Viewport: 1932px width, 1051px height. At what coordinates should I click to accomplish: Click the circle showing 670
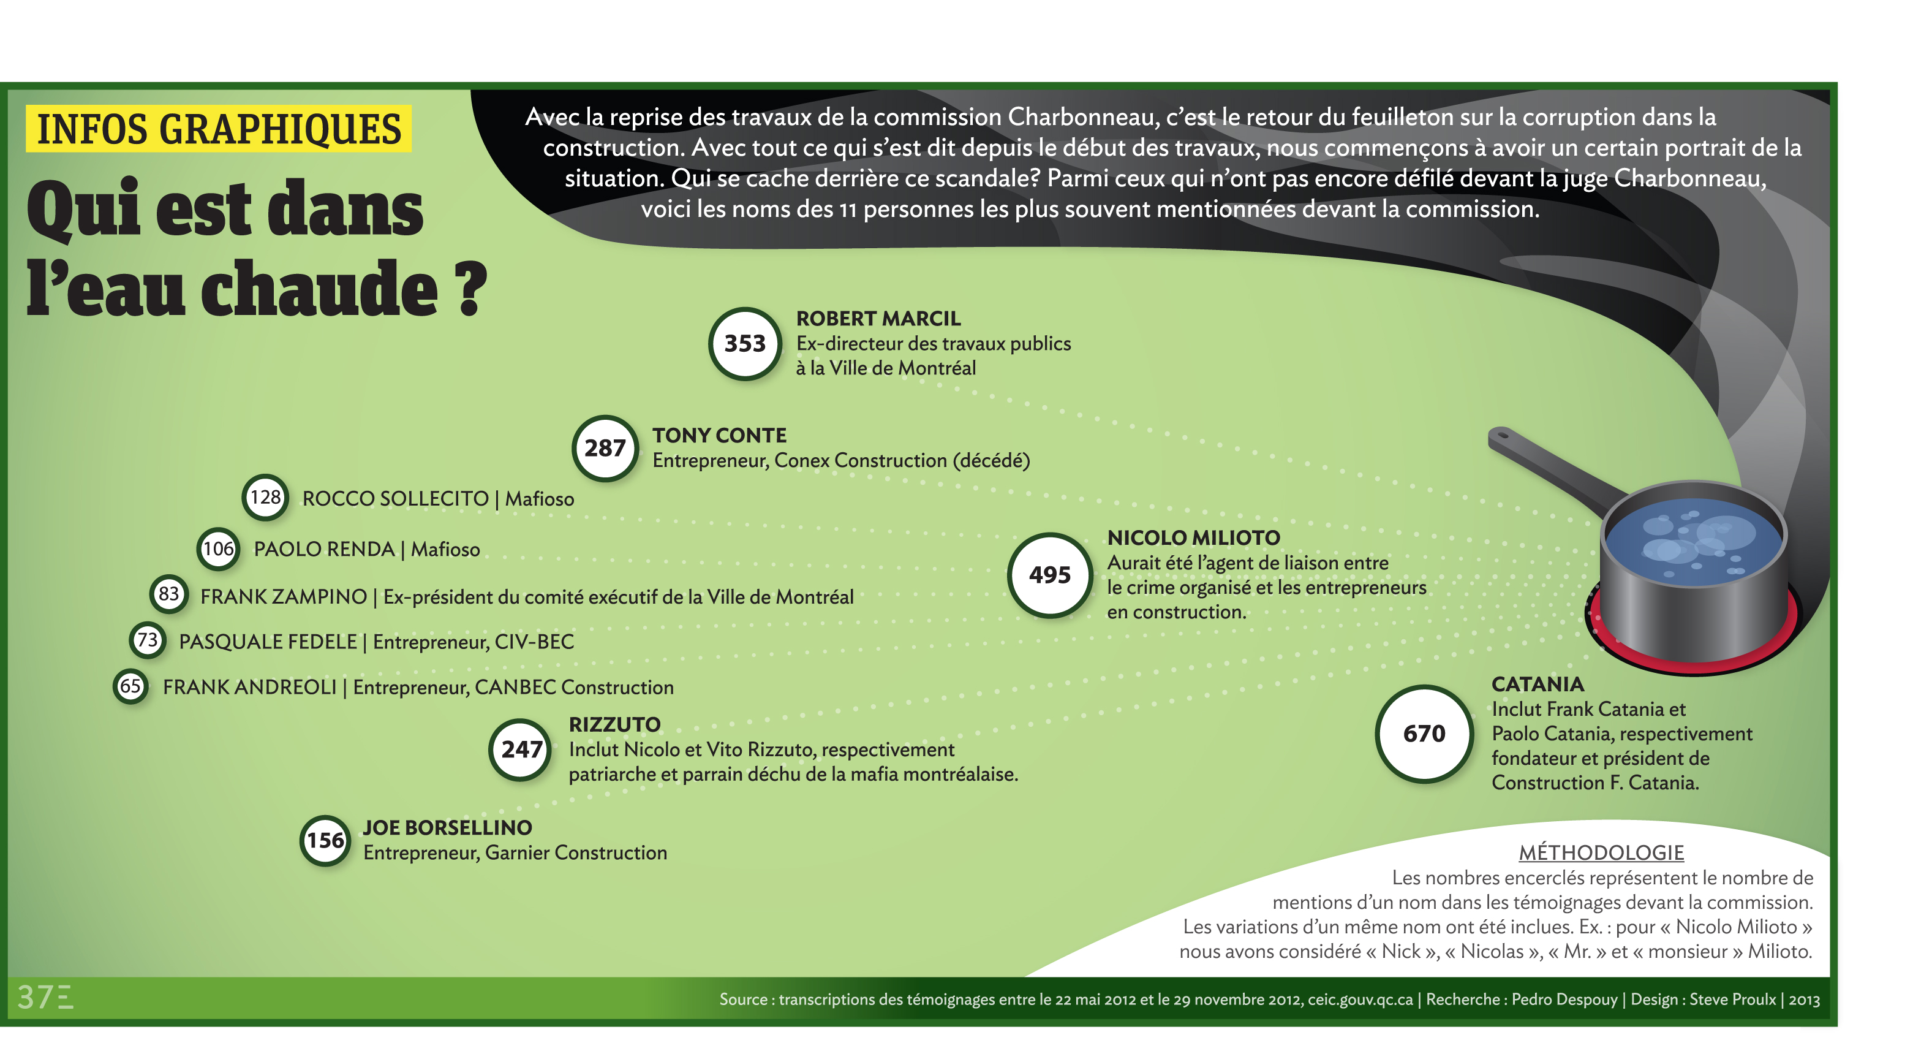(1424, 733)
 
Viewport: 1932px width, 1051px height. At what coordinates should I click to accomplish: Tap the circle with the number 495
(1049, 575)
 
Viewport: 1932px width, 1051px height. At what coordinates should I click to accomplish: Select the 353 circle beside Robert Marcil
(745, 344)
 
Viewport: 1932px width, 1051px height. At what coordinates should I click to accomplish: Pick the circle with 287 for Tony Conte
(605, 448)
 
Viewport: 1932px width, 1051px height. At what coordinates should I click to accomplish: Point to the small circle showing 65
(130, 686)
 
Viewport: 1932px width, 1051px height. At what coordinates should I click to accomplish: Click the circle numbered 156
(325, 840)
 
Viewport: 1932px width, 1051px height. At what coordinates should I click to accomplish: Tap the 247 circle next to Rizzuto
(521, 749)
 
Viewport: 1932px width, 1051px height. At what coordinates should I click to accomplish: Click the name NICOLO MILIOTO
(1193, 538)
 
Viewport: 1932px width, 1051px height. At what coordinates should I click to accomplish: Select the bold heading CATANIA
(1538, 684)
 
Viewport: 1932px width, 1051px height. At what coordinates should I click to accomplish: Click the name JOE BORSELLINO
(447, 827)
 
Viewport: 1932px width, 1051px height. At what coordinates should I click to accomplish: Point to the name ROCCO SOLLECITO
(395, 499)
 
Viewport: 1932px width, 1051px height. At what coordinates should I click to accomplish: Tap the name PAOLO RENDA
(324, 549)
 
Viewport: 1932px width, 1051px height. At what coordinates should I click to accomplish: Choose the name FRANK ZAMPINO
(284, 596)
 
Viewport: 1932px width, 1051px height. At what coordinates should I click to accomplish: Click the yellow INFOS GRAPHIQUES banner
(218, 129)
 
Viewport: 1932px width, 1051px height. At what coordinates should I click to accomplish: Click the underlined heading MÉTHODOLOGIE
(1601, 853)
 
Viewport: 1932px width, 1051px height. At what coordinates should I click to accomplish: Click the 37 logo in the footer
(45, 998)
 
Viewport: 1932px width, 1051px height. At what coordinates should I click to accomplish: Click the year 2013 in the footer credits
(1805, 1000)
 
